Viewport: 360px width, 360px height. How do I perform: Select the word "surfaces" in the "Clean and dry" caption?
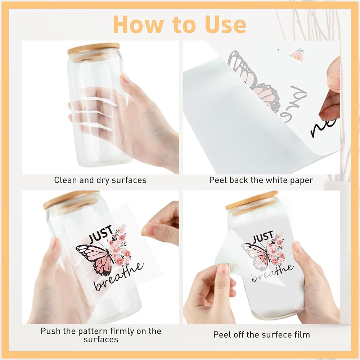[129, 180]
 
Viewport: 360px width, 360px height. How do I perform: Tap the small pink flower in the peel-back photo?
[297, 55]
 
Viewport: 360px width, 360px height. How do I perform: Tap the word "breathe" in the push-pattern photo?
[118, 276]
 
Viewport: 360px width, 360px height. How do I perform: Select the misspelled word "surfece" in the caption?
[276, 334]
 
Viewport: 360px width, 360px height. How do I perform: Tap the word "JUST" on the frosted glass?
[264, 237]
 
